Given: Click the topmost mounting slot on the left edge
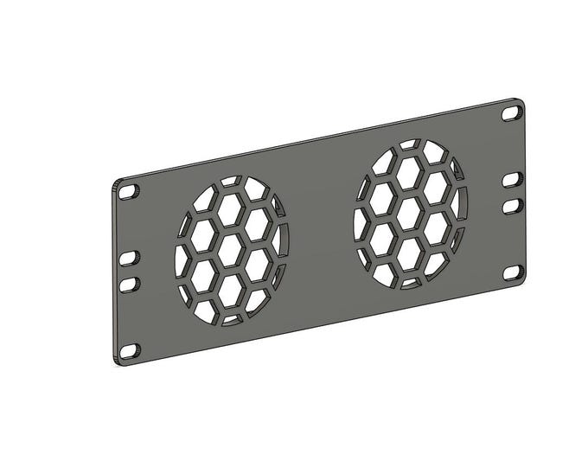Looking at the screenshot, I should tap(129, 191).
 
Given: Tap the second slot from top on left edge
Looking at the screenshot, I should tap(129, 258).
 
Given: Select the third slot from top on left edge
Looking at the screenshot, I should tap(129, 284).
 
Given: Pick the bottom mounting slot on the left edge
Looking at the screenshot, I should tap(130, 350).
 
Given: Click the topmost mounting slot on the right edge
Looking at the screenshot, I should tap(512, 112).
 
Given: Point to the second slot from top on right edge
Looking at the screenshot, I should tap(513, 179).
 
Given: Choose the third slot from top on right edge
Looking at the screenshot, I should tap(513, 205).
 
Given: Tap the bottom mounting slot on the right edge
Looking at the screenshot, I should tap(514, 272).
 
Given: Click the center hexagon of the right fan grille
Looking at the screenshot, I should tap(407, 213).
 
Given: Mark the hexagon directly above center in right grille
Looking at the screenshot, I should tap(406, 173).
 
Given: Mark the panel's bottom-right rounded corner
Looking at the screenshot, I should tap(522, 282).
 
